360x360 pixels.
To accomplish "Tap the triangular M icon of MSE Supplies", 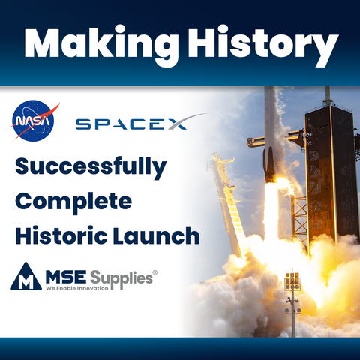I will [x=25, y=277].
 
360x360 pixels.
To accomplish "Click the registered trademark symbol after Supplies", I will [x=155, y=269].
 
